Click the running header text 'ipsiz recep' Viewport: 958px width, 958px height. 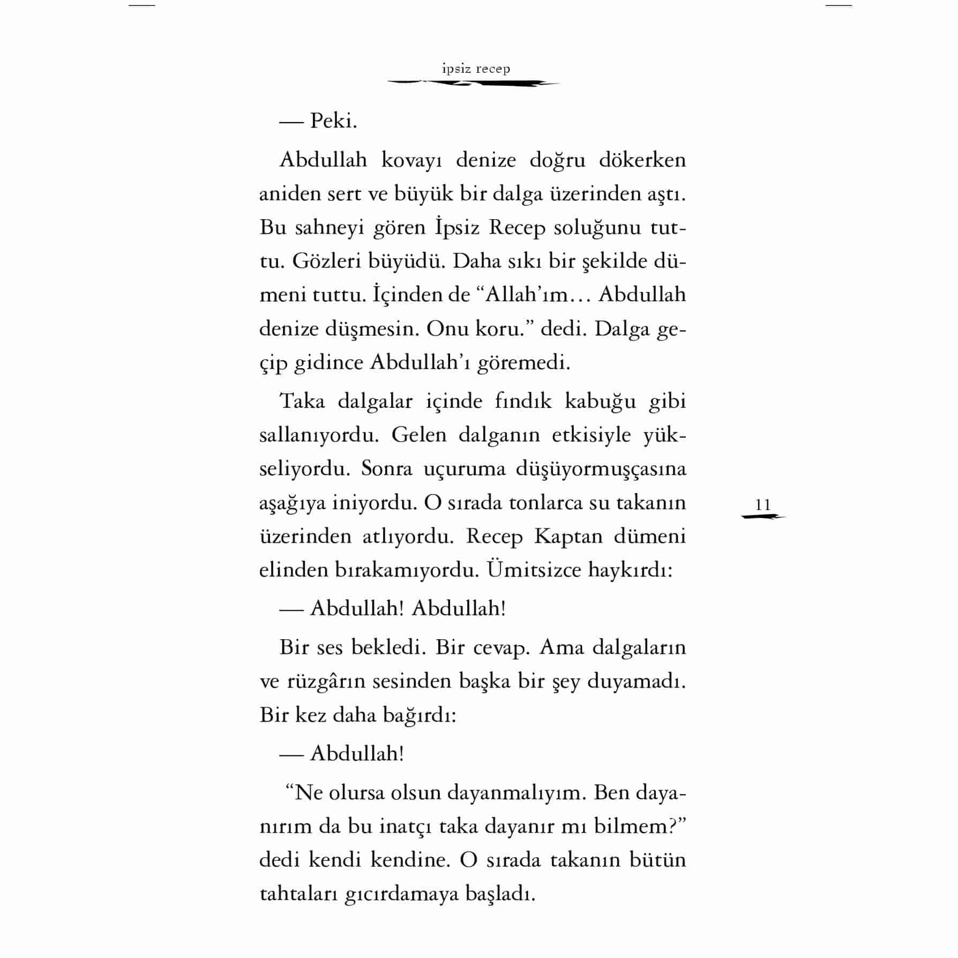pos(476,69)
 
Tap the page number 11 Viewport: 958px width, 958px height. pos(762,505)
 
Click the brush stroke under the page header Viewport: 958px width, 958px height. pos(474,83)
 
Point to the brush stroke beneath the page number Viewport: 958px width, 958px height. pos(763,517)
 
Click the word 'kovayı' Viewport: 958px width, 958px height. pos(411,160)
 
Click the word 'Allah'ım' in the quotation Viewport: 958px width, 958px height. pos(526,295)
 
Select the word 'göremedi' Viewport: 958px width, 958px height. pos(523,363)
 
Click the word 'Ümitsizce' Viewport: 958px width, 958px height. pos(534,570)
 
